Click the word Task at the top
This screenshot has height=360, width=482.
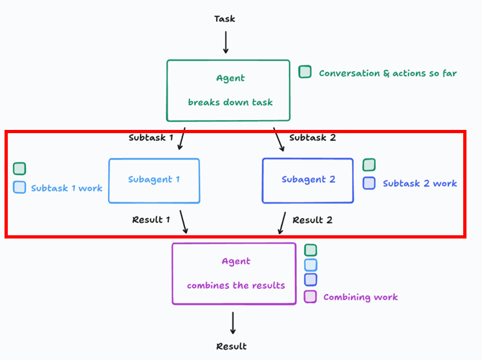coord(225,19)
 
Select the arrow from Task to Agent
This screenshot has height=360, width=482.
coord(226,42)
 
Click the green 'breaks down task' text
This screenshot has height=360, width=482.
coord(230,102)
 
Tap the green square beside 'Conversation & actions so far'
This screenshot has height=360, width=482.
coord(305,72)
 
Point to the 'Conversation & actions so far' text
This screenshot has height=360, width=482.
coord(388,73)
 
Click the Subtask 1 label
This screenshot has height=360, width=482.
coord(151,138)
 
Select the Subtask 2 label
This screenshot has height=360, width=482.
coord(312,138)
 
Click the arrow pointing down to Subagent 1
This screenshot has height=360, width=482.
coord(182,139)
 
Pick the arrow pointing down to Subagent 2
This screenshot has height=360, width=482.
coord(279,140)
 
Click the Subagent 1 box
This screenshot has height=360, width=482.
coord(154,159)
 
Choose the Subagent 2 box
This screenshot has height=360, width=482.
coord(308,159)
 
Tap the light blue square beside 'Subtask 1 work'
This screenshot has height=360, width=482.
coord(19,187)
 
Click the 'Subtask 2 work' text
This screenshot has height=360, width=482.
coord(420,184)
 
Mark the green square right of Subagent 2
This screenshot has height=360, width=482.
coord(369,165)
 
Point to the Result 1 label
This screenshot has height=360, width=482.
coord(151,220)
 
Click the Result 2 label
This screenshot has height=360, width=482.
coord(312,220)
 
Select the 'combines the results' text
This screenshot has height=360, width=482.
coord(236,286)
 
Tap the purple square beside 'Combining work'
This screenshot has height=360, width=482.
coord(310,297)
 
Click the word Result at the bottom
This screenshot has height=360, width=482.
coord(232,346)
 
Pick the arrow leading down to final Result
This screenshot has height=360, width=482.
coord(233,323)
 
